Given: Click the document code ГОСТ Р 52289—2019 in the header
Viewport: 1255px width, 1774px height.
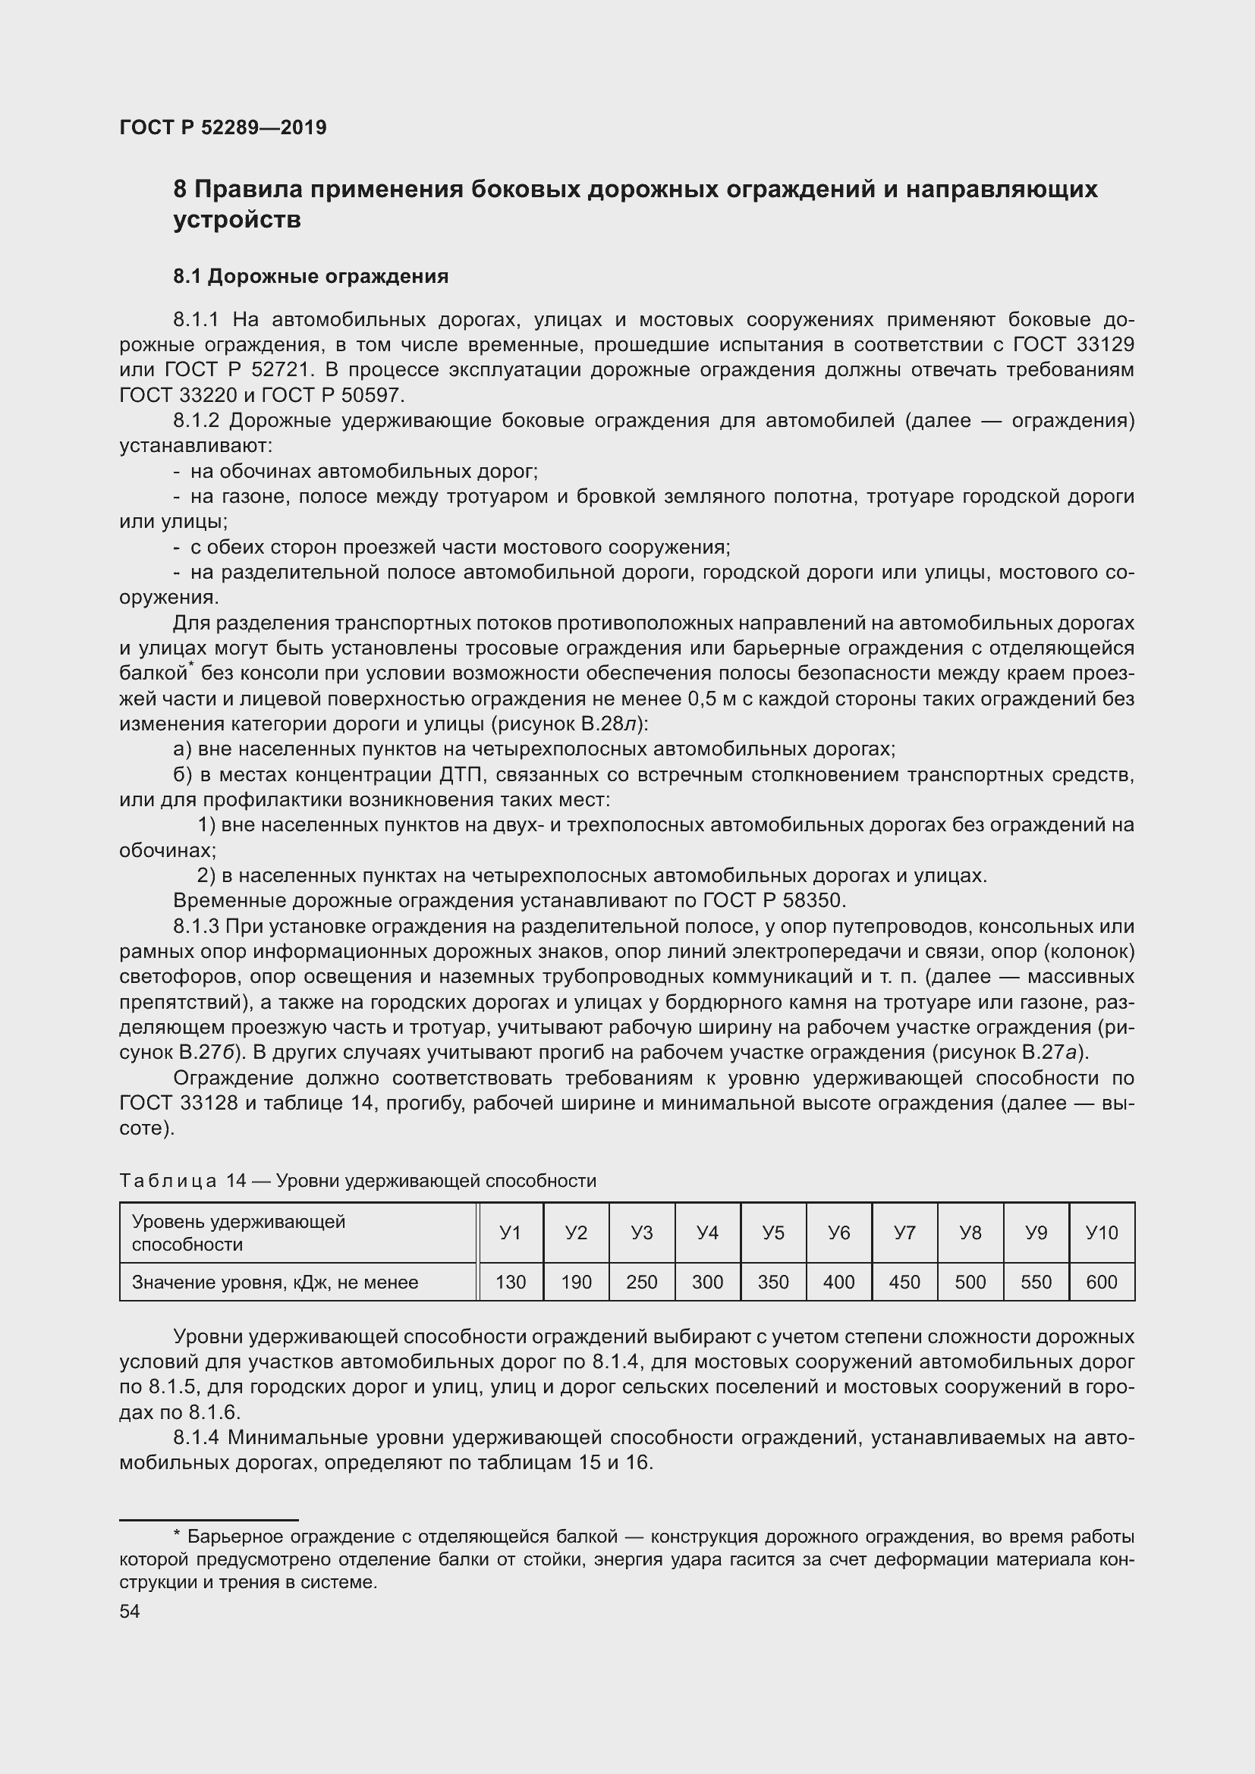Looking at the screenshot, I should (223, 127).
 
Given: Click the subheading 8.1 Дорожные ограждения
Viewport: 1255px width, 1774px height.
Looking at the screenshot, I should (310, 277).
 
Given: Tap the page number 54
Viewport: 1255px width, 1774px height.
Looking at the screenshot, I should (130, 1611).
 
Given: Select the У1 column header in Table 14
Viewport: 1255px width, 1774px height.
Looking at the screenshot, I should (510, 1232).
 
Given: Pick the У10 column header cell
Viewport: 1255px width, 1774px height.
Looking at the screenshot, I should (1101, 1232).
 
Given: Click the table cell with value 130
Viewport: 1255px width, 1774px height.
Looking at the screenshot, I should (510, 1283).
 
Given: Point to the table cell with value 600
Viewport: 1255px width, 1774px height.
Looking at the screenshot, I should (1101, 1283).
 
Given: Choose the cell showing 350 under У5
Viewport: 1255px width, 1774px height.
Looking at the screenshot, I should (772, 1283).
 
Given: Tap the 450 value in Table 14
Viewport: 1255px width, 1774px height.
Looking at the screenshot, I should (904, 1283).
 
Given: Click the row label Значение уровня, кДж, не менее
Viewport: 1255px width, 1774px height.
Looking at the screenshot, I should (275, 1283).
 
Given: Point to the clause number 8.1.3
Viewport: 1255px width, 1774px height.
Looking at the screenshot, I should (197, 926).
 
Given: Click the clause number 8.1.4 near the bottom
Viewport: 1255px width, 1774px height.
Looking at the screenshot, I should (197, 1438).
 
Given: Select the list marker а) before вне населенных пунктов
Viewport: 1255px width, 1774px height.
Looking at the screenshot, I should (182, 749).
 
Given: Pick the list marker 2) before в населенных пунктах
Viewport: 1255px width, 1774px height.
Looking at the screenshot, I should (206, 876).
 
